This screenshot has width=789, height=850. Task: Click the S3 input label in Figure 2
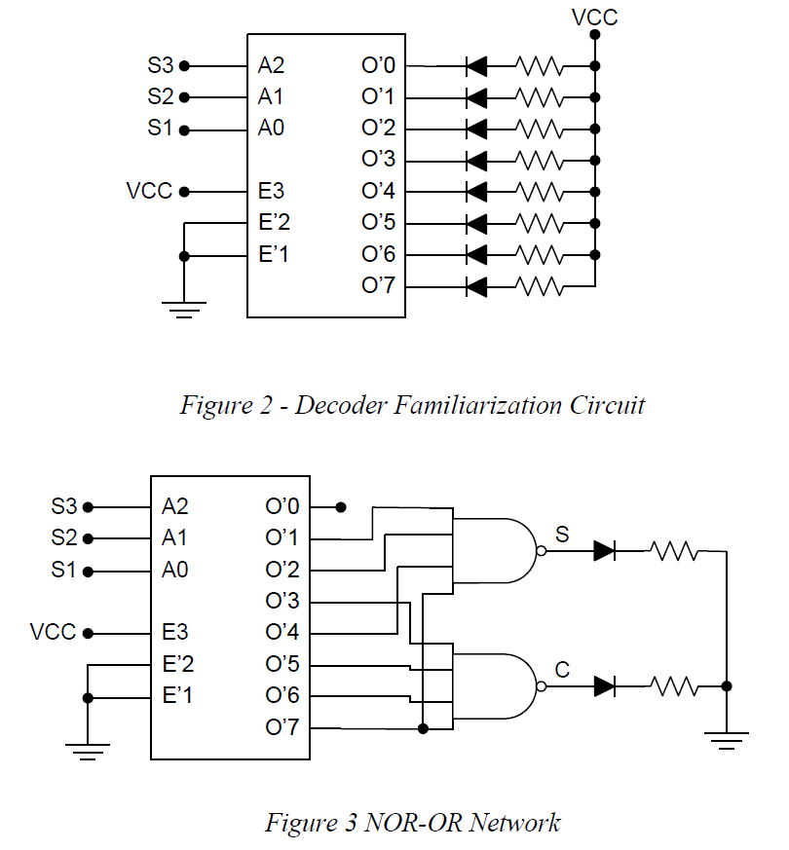pos(161,66)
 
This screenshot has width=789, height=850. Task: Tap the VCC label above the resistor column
pos(594,18)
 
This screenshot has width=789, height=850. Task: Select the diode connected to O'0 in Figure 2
pos(476,67)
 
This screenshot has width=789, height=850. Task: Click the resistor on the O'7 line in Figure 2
pos(540,286)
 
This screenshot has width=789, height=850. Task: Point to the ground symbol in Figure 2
pos(184,310)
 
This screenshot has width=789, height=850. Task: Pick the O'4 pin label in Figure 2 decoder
pos(378,191)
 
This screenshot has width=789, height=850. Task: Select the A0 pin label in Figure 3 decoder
pos(175,570)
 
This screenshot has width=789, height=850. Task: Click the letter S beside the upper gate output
pos(562,534)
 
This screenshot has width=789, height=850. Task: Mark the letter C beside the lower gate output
pos(562,669)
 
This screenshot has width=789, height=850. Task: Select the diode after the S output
pos(604,551)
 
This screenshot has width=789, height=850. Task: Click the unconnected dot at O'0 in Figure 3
pos(340,507)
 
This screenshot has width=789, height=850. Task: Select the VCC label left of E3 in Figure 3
pos(53,633)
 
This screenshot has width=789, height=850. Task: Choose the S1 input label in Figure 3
pos(63,570)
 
